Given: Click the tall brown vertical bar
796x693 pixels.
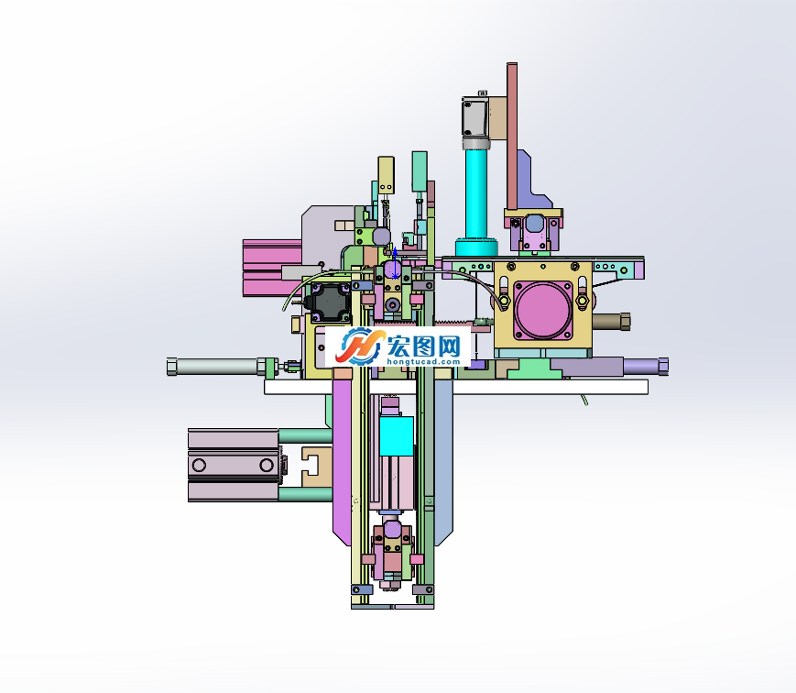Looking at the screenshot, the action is pyautogui.click(x=512, y=137).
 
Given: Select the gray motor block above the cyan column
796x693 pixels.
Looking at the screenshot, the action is pyautogui.click(x=475, y=116).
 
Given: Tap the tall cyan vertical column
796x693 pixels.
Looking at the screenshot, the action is pyautogui.click(x=476, y=194).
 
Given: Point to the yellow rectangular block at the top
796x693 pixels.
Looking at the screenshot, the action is pyautogui.click(x=386, y=175).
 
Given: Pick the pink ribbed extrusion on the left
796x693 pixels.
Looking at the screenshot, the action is pyautogui.click(x=272, y=268).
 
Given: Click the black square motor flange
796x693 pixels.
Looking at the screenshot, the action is pyautogui.click(x=330, y=302).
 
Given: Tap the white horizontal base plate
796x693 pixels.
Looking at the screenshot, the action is pyautogui.click(x=456, y=387).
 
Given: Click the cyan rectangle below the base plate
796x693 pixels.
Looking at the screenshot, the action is pyautogui.click(x=396, y=436).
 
